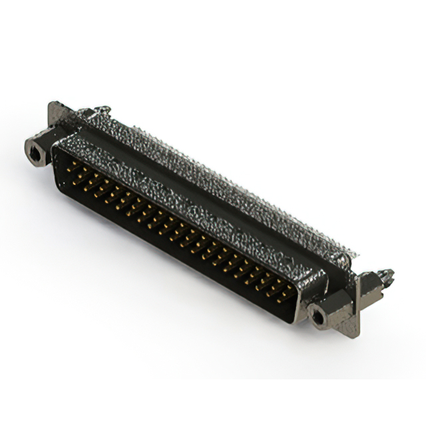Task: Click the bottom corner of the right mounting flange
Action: coord(352,334)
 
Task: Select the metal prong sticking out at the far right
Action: coord(387,275)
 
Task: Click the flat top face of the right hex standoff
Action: coord(327,303)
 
